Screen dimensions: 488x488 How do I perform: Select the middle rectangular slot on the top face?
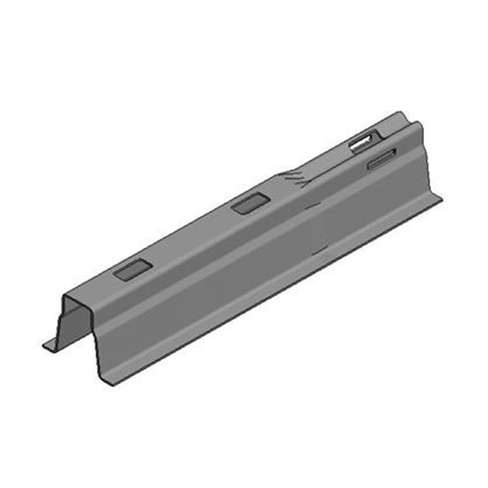(250, 203)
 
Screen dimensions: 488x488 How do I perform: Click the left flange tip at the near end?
(46, 346)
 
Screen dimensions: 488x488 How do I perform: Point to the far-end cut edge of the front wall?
(428, 163)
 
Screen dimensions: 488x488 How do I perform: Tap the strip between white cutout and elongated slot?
(376, 152)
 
